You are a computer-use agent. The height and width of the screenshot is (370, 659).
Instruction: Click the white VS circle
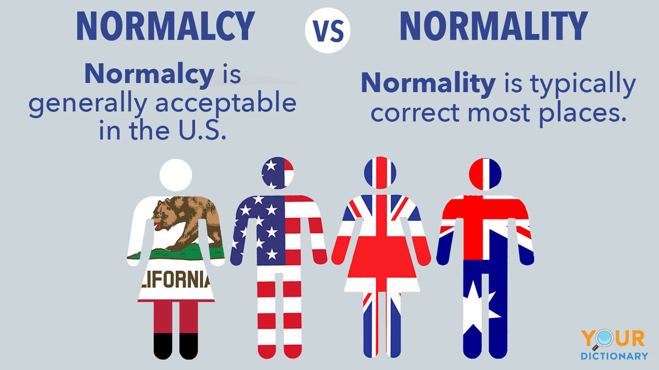click(x=328, y=30)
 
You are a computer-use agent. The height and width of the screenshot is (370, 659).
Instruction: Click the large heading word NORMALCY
click(x=166, y=26)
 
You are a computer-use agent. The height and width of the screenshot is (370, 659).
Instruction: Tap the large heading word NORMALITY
click(x=494, y=26)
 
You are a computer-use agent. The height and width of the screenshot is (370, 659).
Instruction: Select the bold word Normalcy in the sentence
click(x=149, y=74)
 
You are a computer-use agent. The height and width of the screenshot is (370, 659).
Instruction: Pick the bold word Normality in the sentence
click(x=428, y=83)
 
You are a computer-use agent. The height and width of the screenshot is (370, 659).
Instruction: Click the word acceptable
click(x=226, y=105)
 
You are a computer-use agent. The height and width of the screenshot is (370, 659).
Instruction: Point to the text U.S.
click(x=203, y=130)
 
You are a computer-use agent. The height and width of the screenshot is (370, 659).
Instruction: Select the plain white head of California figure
click(x=176, y=175)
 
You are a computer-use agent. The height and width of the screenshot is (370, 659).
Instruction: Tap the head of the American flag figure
click(x=277, y=173)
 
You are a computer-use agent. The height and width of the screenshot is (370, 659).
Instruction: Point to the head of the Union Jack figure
click(x=380, y=173)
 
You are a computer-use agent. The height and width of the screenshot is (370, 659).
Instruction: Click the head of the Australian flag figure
click(x=485, y=174)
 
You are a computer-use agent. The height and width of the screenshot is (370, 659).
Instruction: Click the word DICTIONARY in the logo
click(x=615, y=356)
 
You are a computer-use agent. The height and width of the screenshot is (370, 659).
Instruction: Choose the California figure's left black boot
click(x=163, y=346)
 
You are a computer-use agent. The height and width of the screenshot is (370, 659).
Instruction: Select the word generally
click(x=88, y=105)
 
